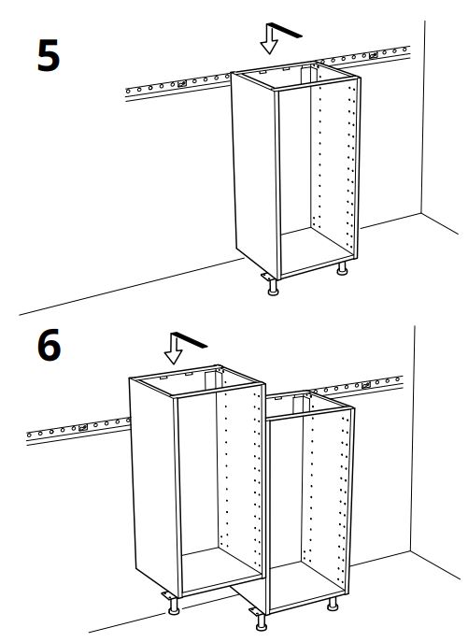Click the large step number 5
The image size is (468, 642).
click(49, 56)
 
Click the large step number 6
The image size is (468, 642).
click(50, 345)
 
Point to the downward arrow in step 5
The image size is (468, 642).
click(269, 40)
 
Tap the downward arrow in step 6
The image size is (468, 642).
click(174, 350)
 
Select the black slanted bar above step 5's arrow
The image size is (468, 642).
click(286, 30)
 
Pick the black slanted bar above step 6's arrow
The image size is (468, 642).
click(190, 340)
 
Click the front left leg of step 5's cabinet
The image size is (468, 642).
click(273, 286)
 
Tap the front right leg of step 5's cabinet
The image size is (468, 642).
click(342, 268)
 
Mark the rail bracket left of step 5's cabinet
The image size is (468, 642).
click(182, 83)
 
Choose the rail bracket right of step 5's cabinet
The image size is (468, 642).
click(373, 55)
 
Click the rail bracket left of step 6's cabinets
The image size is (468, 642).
click(83, 427)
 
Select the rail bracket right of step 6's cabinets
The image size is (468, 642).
click(366, 385)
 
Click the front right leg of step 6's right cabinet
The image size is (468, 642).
click(333, 604)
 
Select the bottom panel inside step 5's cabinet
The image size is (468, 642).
click(316, 250)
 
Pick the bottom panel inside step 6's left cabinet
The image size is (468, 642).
click(220, 569)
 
